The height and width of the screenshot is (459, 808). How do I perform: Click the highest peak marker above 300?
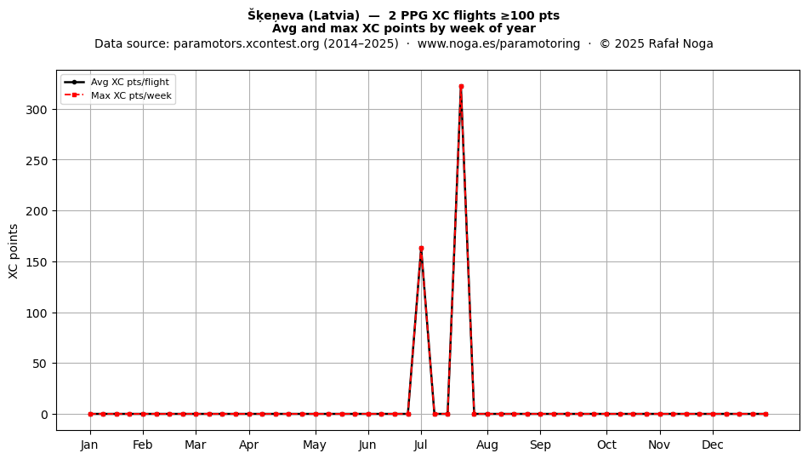461,87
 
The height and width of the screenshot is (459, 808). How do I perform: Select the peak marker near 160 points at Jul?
421,249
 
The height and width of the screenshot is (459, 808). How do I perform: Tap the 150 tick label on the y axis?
37,262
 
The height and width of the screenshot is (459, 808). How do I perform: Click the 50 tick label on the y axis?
40,364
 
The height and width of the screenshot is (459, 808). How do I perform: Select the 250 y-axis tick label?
37,160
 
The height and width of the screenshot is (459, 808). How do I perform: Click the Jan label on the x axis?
89,445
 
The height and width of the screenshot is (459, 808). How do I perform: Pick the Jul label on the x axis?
421,445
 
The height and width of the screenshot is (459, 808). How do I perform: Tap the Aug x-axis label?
487,445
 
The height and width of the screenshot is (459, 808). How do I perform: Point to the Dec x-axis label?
714,445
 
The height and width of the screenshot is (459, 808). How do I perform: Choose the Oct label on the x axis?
607,445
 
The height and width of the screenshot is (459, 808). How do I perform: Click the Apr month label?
249,445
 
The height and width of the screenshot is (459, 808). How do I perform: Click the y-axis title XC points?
14,251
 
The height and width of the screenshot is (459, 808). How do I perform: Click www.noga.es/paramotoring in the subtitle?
498,43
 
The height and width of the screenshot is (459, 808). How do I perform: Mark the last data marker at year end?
765,414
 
